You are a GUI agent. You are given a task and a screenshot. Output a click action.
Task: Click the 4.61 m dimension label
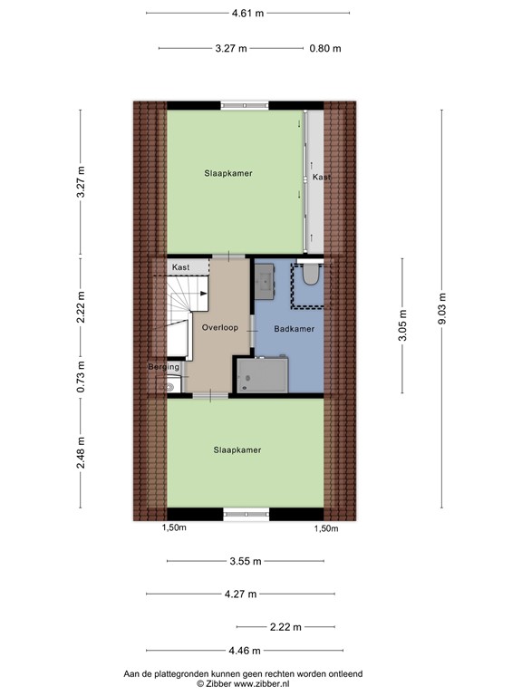click(x=247, y=13)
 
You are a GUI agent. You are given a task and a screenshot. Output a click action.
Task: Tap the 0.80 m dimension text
click(x=325, y=48)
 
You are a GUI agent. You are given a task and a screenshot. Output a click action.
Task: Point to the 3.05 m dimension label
click(x=402, y=325)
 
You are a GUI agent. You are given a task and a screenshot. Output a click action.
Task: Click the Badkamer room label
click(x=295, y=329)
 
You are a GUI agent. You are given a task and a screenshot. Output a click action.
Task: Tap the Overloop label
click(x=220, y=327)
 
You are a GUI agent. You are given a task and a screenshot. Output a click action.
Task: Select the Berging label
click(x=164, y=367)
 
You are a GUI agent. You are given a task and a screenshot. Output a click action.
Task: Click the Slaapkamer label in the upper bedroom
click(x=227, y=172)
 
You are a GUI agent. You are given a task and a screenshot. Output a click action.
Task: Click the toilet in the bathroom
click(x=311, y=275)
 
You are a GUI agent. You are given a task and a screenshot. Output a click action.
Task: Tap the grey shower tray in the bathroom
click(x=262, y=375)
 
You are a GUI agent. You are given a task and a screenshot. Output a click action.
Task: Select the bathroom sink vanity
click(x=266, y=281)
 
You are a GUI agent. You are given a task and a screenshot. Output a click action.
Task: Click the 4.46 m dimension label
click(x=244, y=650)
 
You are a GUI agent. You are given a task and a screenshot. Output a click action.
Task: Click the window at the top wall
click(x=244, y=105)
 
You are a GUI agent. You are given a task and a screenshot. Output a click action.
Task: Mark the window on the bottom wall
click(x=246, y=514)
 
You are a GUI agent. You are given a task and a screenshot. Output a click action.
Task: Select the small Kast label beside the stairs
click(x=180, y=267)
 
